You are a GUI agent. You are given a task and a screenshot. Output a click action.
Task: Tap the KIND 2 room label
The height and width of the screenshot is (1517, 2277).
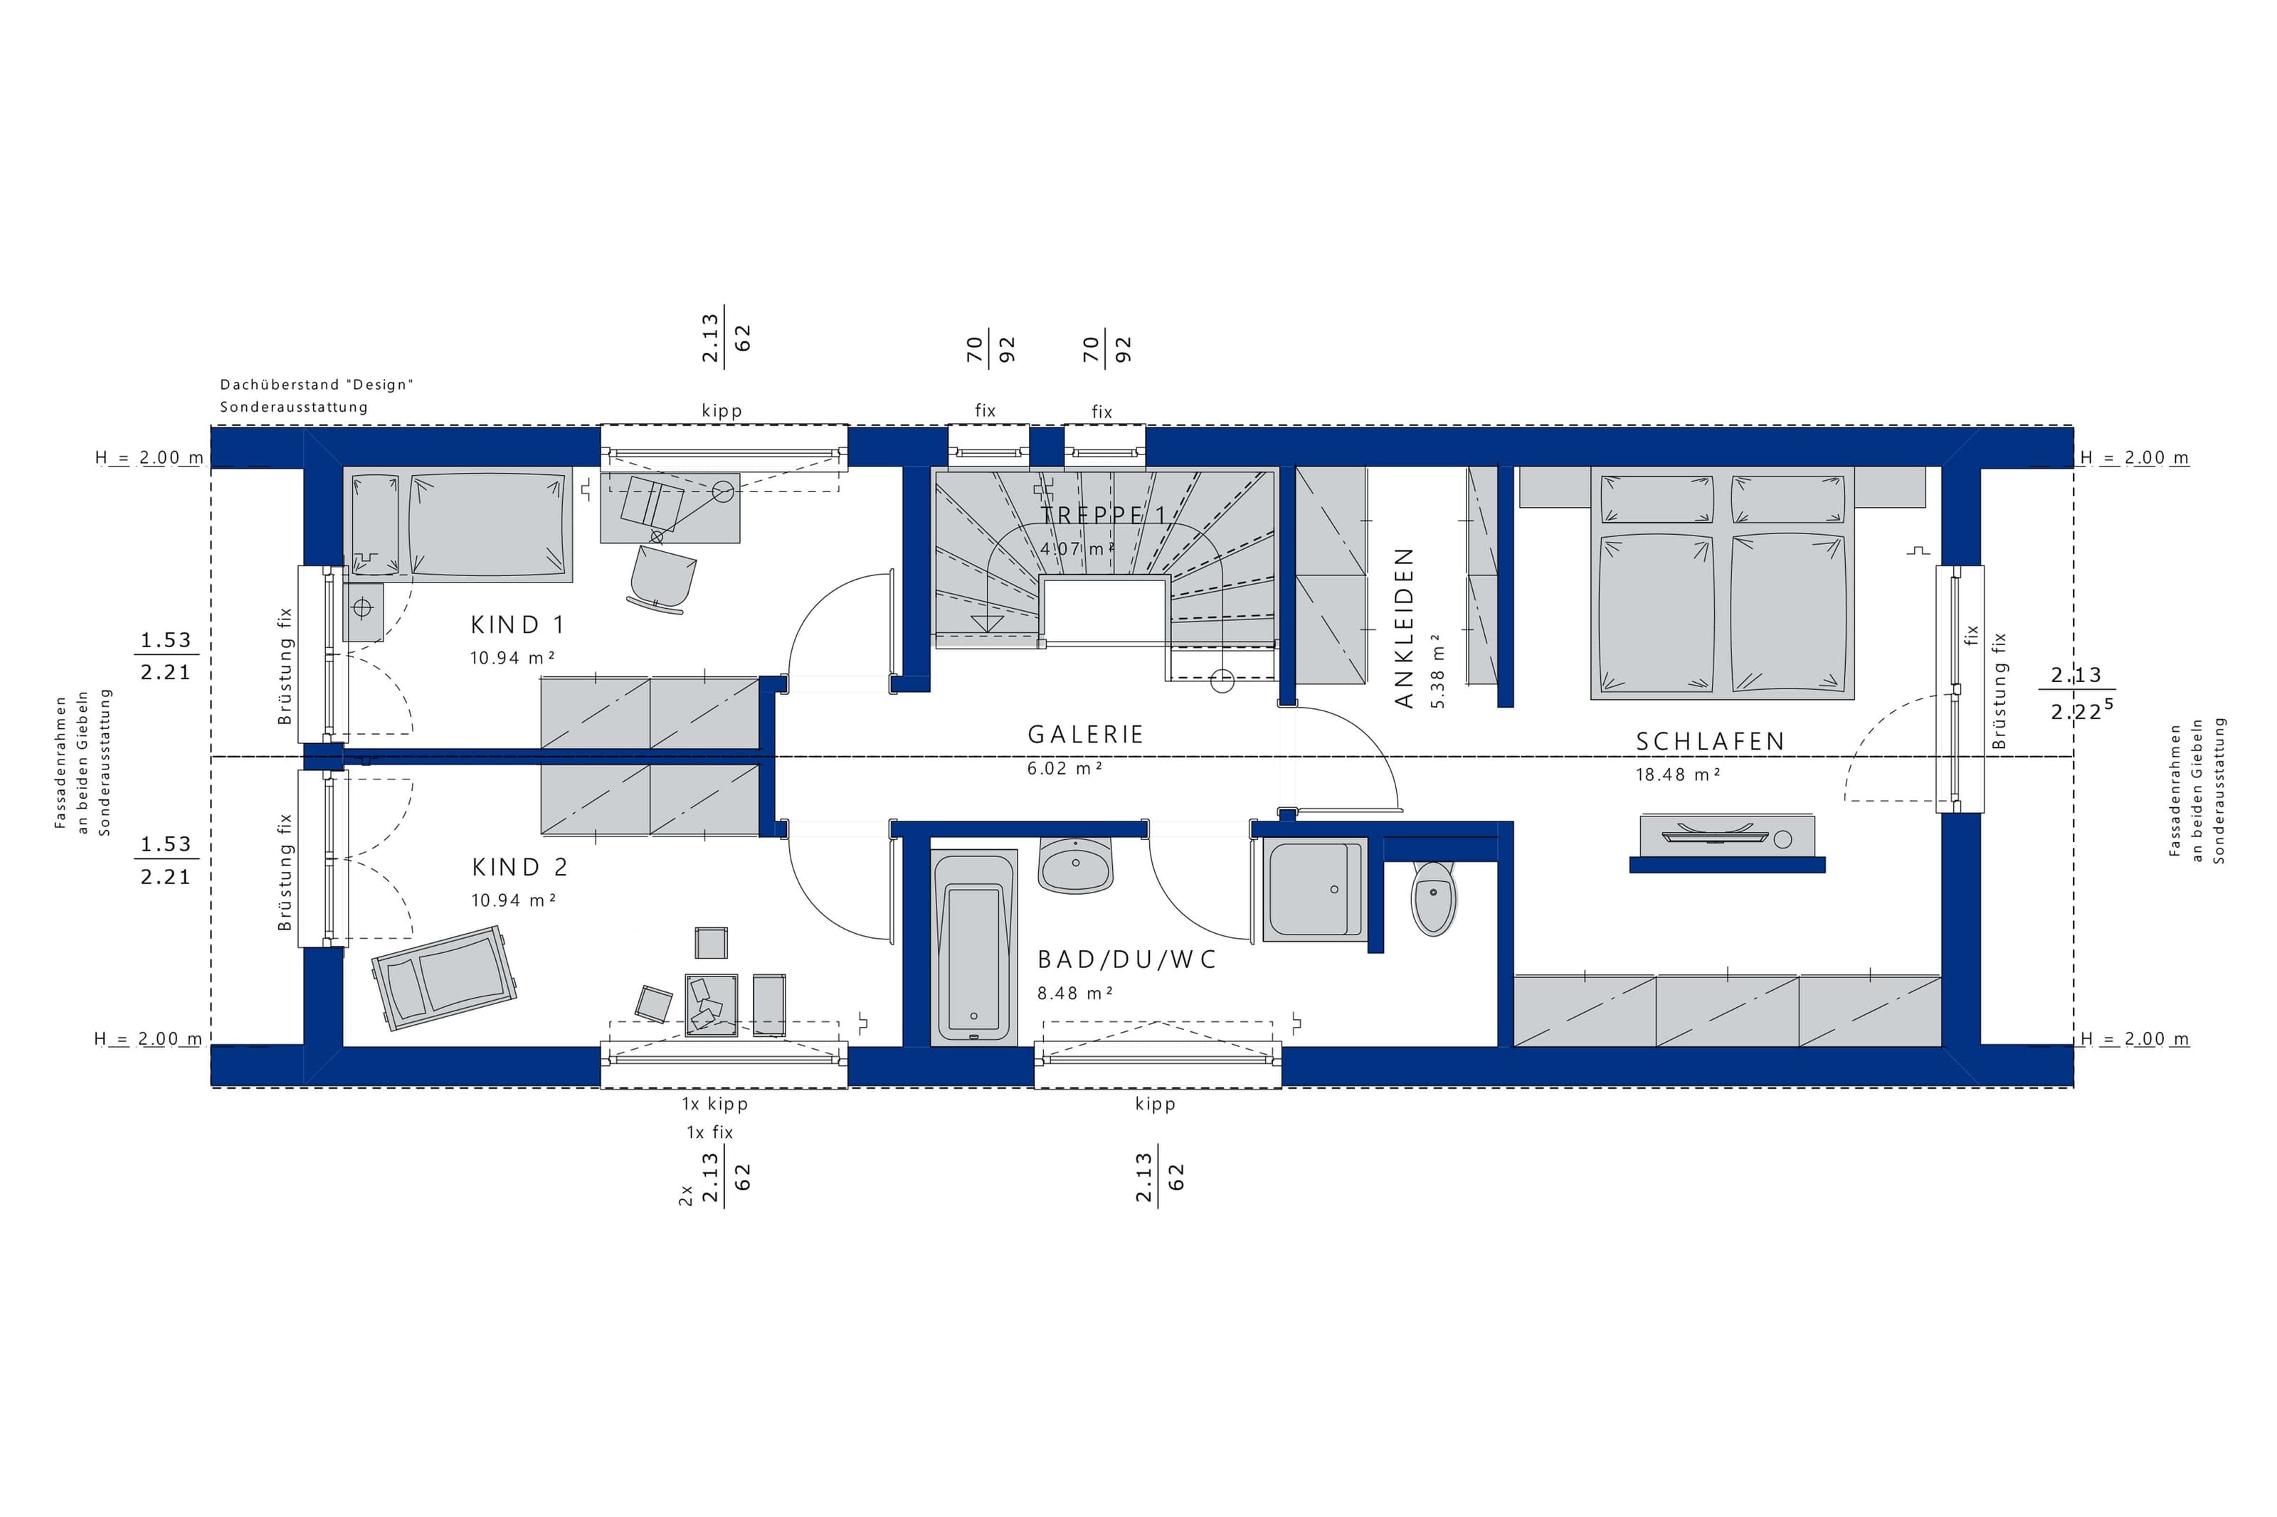click(x=519, y=867)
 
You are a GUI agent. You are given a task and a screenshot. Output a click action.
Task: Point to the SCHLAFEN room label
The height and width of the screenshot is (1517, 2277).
click(x=1710, y=742)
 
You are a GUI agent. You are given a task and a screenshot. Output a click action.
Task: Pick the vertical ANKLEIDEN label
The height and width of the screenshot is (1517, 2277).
click(x=1404, y=628)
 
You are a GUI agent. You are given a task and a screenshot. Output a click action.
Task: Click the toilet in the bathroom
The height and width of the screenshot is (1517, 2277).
click(x=1433, y=898)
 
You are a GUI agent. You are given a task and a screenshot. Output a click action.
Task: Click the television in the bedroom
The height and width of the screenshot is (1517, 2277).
click(x=1726, y=835)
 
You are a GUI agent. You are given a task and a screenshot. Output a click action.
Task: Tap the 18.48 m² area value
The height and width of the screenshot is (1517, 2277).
click(x=1678, y=775)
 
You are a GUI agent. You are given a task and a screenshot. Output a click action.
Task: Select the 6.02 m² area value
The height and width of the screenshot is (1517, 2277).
click(x=1065, y=768)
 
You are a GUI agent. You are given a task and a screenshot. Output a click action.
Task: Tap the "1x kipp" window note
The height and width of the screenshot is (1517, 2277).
click(x=715, y=1104)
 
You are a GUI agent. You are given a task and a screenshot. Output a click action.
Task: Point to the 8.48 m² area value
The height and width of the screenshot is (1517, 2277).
click(x=1075, y=993)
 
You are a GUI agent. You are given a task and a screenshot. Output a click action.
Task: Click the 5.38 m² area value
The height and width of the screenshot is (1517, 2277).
click(x=1437, y=671)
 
